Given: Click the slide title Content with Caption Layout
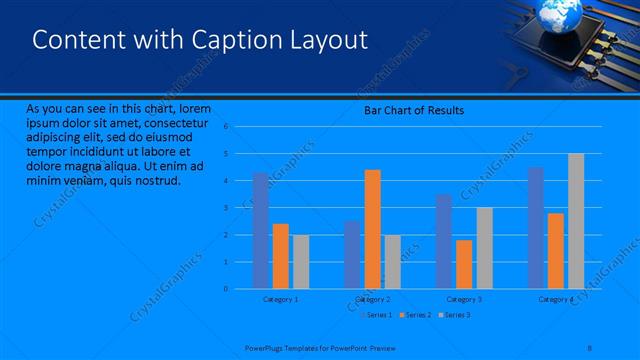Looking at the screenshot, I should click(200, 40).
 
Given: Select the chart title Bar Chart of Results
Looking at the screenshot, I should click(413, 110).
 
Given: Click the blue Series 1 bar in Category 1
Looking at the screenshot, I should click(261, 230).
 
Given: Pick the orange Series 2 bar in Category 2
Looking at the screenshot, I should click(372, 229).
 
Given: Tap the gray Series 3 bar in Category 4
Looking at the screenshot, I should click(576, 221).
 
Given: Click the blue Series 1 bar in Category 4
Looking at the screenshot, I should click(536, 228).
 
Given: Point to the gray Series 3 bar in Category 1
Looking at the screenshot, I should click(300, 261).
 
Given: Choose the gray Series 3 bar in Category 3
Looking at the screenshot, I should click(484, 248).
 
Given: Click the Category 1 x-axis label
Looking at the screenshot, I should click(280, 299).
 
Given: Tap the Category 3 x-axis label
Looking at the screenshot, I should click(464, 299).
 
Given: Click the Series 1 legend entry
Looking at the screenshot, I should click(377, 315).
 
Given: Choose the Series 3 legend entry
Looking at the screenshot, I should click(456, 315).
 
